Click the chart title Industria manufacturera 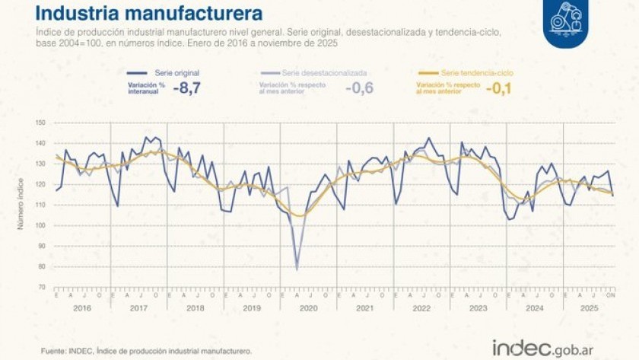(149, 13)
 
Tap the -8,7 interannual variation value (186, 88)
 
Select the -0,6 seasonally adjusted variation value (359, 88)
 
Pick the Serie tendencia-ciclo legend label (477, 73)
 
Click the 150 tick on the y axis (40, 123)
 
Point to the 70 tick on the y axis (42, 287)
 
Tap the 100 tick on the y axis (40, 225)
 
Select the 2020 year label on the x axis (309, 307)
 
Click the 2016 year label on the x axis (82, 307)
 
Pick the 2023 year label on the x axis (478, 307)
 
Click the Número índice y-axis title (21, 205)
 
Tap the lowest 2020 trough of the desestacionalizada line (297, 269)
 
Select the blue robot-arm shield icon (564, 18)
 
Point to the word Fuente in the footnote (52, 351)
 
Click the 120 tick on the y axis (40, 184)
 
